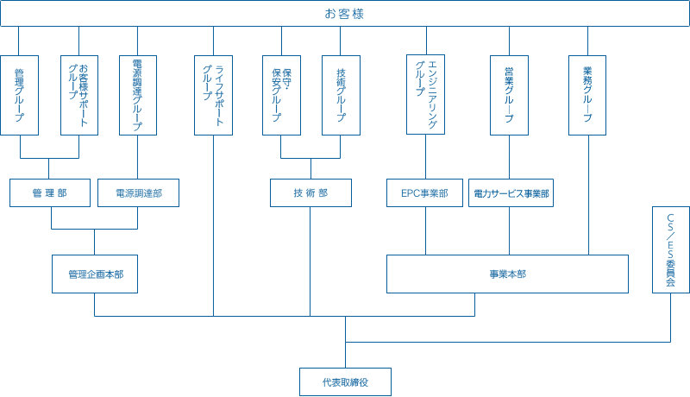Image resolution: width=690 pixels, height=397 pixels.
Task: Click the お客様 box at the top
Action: [345, 14]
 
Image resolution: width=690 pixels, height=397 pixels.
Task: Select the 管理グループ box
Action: [19, 94]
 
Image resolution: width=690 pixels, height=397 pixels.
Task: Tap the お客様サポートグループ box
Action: [78, 94]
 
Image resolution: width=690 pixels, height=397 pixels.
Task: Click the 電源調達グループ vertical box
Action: [138, 94]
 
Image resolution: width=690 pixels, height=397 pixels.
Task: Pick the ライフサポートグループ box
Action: [213, 94]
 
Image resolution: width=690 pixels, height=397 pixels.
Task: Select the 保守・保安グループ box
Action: [281, 94]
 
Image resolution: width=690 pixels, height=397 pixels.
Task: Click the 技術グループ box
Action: [341, 94]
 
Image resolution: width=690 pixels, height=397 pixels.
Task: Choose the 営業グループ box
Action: [509, 94]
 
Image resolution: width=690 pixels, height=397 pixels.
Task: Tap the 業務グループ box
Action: [587, 94]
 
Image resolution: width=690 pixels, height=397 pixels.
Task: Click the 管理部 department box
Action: [49, 193]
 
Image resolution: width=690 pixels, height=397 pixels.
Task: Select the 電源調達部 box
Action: [138, 193]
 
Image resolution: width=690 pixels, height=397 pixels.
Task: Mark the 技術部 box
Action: [310, 193]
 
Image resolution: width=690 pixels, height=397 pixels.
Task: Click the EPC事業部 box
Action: [424, 193]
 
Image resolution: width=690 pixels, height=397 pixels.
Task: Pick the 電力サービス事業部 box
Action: [511, 193]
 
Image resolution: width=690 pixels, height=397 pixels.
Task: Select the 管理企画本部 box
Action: [94, 274]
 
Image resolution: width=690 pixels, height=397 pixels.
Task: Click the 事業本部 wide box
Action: [507, 274]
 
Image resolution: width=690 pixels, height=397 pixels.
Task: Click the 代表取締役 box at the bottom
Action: [345, 381]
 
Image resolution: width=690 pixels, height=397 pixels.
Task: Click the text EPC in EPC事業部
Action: [410, 193]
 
